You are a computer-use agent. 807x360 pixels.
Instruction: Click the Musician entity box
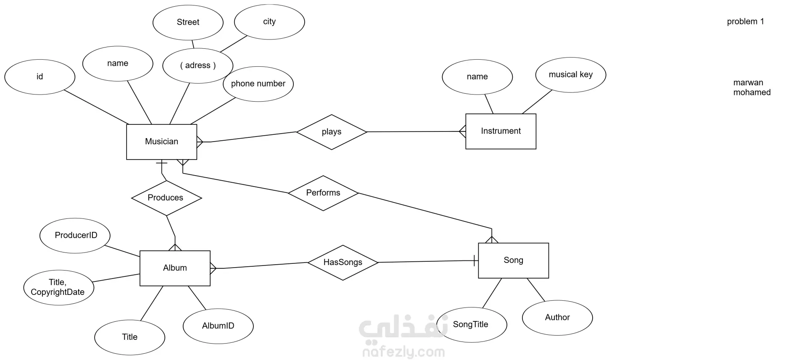161,142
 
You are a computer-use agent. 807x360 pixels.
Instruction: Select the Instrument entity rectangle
501,131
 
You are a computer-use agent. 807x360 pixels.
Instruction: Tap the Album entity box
175,268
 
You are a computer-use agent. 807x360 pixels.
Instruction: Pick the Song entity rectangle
513,260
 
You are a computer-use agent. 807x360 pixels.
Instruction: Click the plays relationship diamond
331,132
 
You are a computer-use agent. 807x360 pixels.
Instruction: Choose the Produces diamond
166,198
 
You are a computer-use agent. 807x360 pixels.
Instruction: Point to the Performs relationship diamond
323,193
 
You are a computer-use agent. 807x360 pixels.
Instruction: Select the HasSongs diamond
343,263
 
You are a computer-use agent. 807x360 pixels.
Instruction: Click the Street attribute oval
188,22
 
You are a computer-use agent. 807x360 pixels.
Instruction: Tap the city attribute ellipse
269,22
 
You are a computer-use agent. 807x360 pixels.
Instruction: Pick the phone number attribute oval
258,84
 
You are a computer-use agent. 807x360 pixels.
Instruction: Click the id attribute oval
40,77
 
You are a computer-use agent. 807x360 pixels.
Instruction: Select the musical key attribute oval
570,75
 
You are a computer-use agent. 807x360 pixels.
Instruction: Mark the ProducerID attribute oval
75,235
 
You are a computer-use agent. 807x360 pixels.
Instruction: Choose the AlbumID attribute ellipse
218,326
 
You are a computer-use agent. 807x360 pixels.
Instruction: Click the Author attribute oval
557,318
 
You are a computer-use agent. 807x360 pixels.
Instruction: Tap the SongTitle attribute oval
471,324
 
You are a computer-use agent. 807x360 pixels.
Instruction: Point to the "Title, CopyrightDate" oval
58,287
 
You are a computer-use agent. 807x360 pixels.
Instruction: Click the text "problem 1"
745,21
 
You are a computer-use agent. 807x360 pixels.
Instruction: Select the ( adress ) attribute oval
198,66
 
